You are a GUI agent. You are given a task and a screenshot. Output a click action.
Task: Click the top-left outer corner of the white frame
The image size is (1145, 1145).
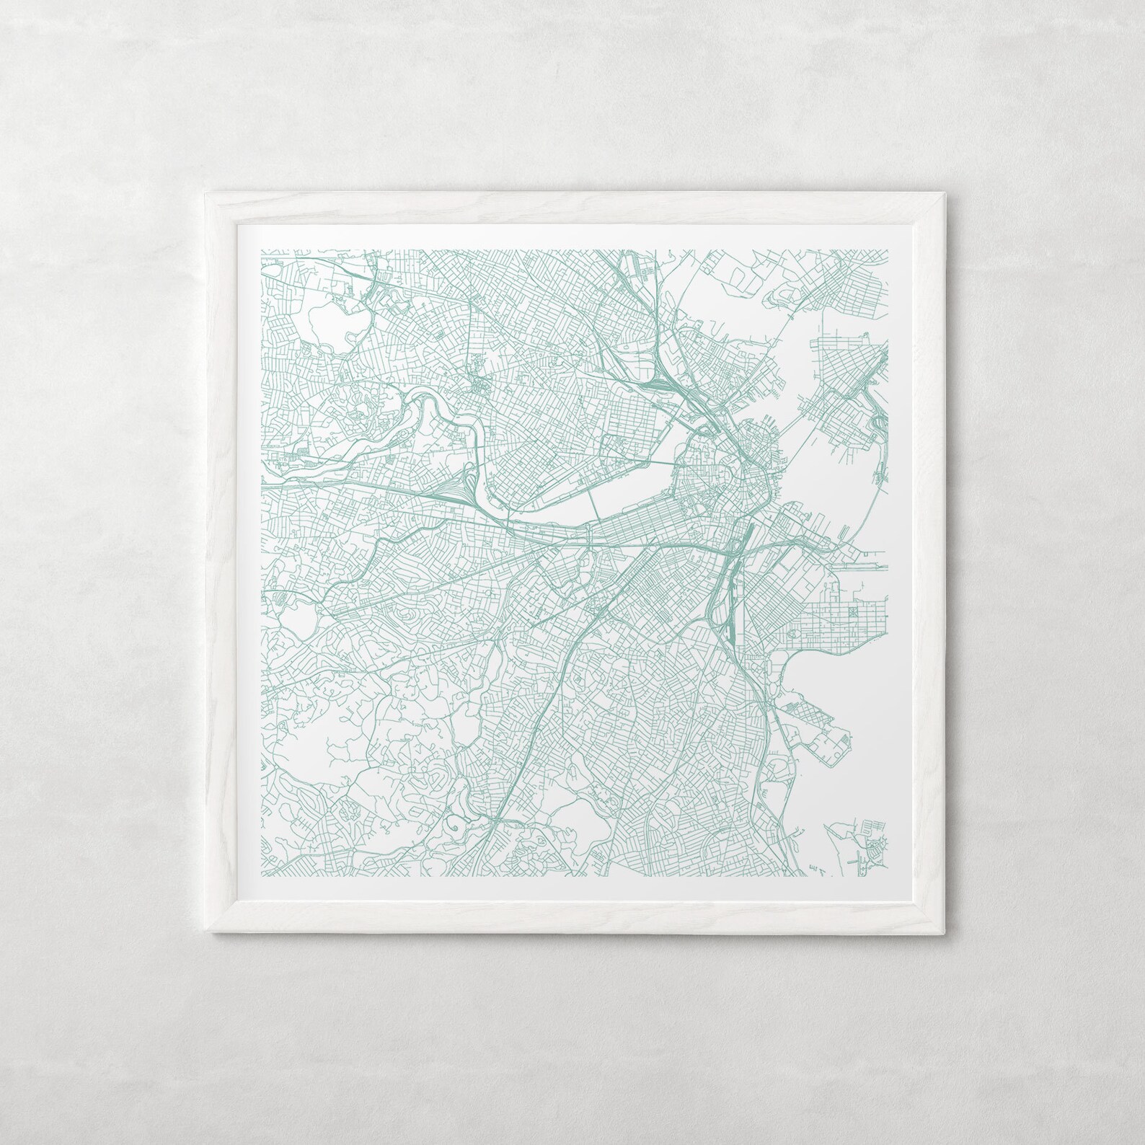pos(205,192)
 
